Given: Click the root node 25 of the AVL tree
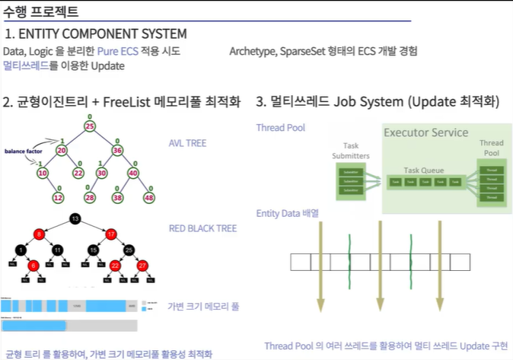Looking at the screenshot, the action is click(x=90, y=126).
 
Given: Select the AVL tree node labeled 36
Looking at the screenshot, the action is click(x=117, y=150).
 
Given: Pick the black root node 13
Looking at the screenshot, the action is click(x=75, y=220).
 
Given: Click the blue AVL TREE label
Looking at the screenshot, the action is click(x=188, y=143).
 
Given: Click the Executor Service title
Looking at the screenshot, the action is click(x=425, y=133).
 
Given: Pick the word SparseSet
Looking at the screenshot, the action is click(x=305, y=51).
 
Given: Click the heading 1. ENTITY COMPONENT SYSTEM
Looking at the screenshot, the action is click(x=95, y=34).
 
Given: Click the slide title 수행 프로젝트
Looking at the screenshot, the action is click(x=40, y=11).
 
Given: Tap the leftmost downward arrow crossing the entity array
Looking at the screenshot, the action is click(x=319, y=263).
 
